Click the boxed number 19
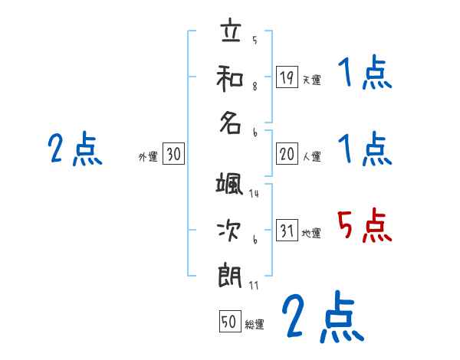point(287,77)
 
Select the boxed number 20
point(287,154)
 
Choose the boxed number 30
point(174,154)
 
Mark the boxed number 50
point(229,322)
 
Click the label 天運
point(310,80)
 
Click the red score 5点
point(365,227)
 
